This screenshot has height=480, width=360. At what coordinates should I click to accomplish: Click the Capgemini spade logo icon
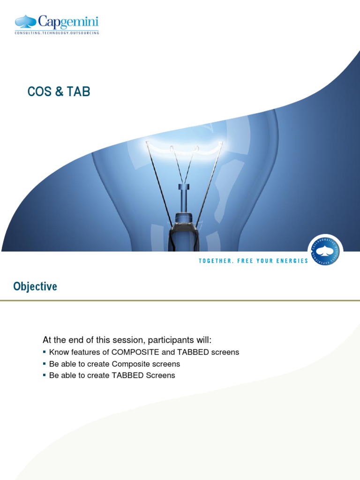point(25,22)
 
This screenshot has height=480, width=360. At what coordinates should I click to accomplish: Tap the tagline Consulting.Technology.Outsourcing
point(57,33)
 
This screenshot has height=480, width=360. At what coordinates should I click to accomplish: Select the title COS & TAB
point(59,92)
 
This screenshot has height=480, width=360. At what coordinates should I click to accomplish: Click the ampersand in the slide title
point(59,92)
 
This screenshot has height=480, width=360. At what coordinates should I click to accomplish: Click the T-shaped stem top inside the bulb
point(184,187)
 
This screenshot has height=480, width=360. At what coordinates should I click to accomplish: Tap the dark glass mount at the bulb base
point(184,232)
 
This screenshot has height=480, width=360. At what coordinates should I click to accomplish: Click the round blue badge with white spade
point(325,250)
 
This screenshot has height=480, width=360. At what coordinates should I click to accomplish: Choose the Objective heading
point(35,286)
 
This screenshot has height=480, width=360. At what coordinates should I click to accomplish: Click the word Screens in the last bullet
point(161,375)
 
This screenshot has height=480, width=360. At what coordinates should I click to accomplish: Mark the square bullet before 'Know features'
point(45,352)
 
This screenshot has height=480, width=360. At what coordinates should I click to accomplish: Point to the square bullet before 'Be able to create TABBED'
point(45,375)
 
